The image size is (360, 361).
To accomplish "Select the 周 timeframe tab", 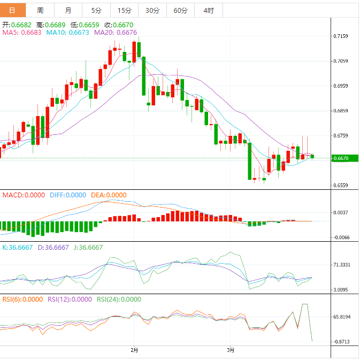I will click(x=41, y=10).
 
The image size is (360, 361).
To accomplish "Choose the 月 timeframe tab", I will click(x=68, y=10).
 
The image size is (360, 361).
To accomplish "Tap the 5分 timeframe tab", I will click(x=96, y=10).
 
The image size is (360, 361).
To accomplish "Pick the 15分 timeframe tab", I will click(x=124, y=10).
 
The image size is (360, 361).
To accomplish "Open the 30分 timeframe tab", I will click(x=152, y=10).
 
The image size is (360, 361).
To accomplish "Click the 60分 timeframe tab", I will click(x=180, y=10).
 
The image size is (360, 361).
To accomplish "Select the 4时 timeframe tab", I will click(x=208, y=10).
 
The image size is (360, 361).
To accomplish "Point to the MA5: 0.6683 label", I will click(x=22, y=33).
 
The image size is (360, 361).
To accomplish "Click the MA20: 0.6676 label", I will click(x=115, y=33).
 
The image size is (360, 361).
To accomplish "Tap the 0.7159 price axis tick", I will click(x=341, y=36).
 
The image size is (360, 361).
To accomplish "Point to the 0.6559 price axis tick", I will click(x=341, y=186).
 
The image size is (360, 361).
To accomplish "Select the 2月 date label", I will click(x=134, y=350).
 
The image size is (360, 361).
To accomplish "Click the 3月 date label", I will click(x=230, y=350).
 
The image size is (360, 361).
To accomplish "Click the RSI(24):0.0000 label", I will click(x=119, y=299).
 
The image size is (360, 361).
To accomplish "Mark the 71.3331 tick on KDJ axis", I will click(x=342, y=265).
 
